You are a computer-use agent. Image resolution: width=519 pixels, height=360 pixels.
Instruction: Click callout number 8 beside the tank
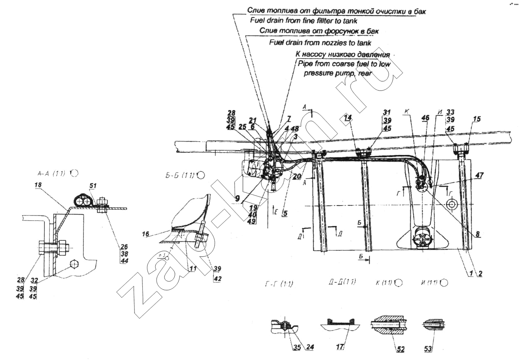click(478, 234)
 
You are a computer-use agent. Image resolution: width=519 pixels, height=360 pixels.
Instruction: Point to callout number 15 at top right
click(477, 120)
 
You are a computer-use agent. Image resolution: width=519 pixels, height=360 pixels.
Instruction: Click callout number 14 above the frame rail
click(347, 118)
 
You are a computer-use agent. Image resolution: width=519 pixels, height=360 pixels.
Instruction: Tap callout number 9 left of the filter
click(237, 198)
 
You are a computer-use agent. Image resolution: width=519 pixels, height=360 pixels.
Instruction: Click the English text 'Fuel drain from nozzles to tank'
click(320, 42)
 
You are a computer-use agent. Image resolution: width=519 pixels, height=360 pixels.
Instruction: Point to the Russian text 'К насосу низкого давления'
click(343, 54)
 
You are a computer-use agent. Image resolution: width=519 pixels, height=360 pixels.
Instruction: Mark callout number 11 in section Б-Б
click(192, 269)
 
